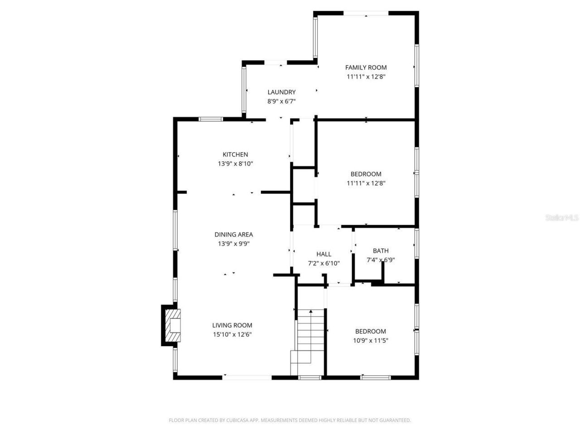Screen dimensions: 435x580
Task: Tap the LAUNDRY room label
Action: (x=281, y=92)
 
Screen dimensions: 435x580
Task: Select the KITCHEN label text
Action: (x=235, y=155)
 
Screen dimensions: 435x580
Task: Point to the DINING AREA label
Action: (x=233, y=234)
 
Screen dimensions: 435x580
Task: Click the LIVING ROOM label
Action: (x=232, y=325)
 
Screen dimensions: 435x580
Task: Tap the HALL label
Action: (x=324, y=254)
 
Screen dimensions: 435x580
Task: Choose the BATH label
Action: (x=381, y=251)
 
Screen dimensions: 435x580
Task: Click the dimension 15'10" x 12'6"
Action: (x=232, y=334)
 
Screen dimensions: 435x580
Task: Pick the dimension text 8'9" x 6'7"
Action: (x=281, y=101)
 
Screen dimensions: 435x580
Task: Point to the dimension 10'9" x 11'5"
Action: (x=370, y=341)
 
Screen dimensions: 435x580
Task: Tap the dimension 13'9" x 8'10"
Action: (x=235, y=164)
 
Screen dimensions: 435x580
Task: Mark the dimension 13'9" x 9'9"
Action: (x=233, y=244)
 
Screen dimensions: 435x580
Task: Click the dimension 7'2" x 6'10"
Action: (x=324, y=263)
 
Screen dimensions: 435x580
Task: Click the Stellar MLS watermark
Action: (x=562, y=218)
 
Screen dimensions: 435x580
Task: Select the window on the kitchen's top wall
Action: (x=211, y=119)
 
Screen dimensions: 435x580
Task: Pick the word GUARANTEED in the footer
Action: (x=396, y=420)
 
